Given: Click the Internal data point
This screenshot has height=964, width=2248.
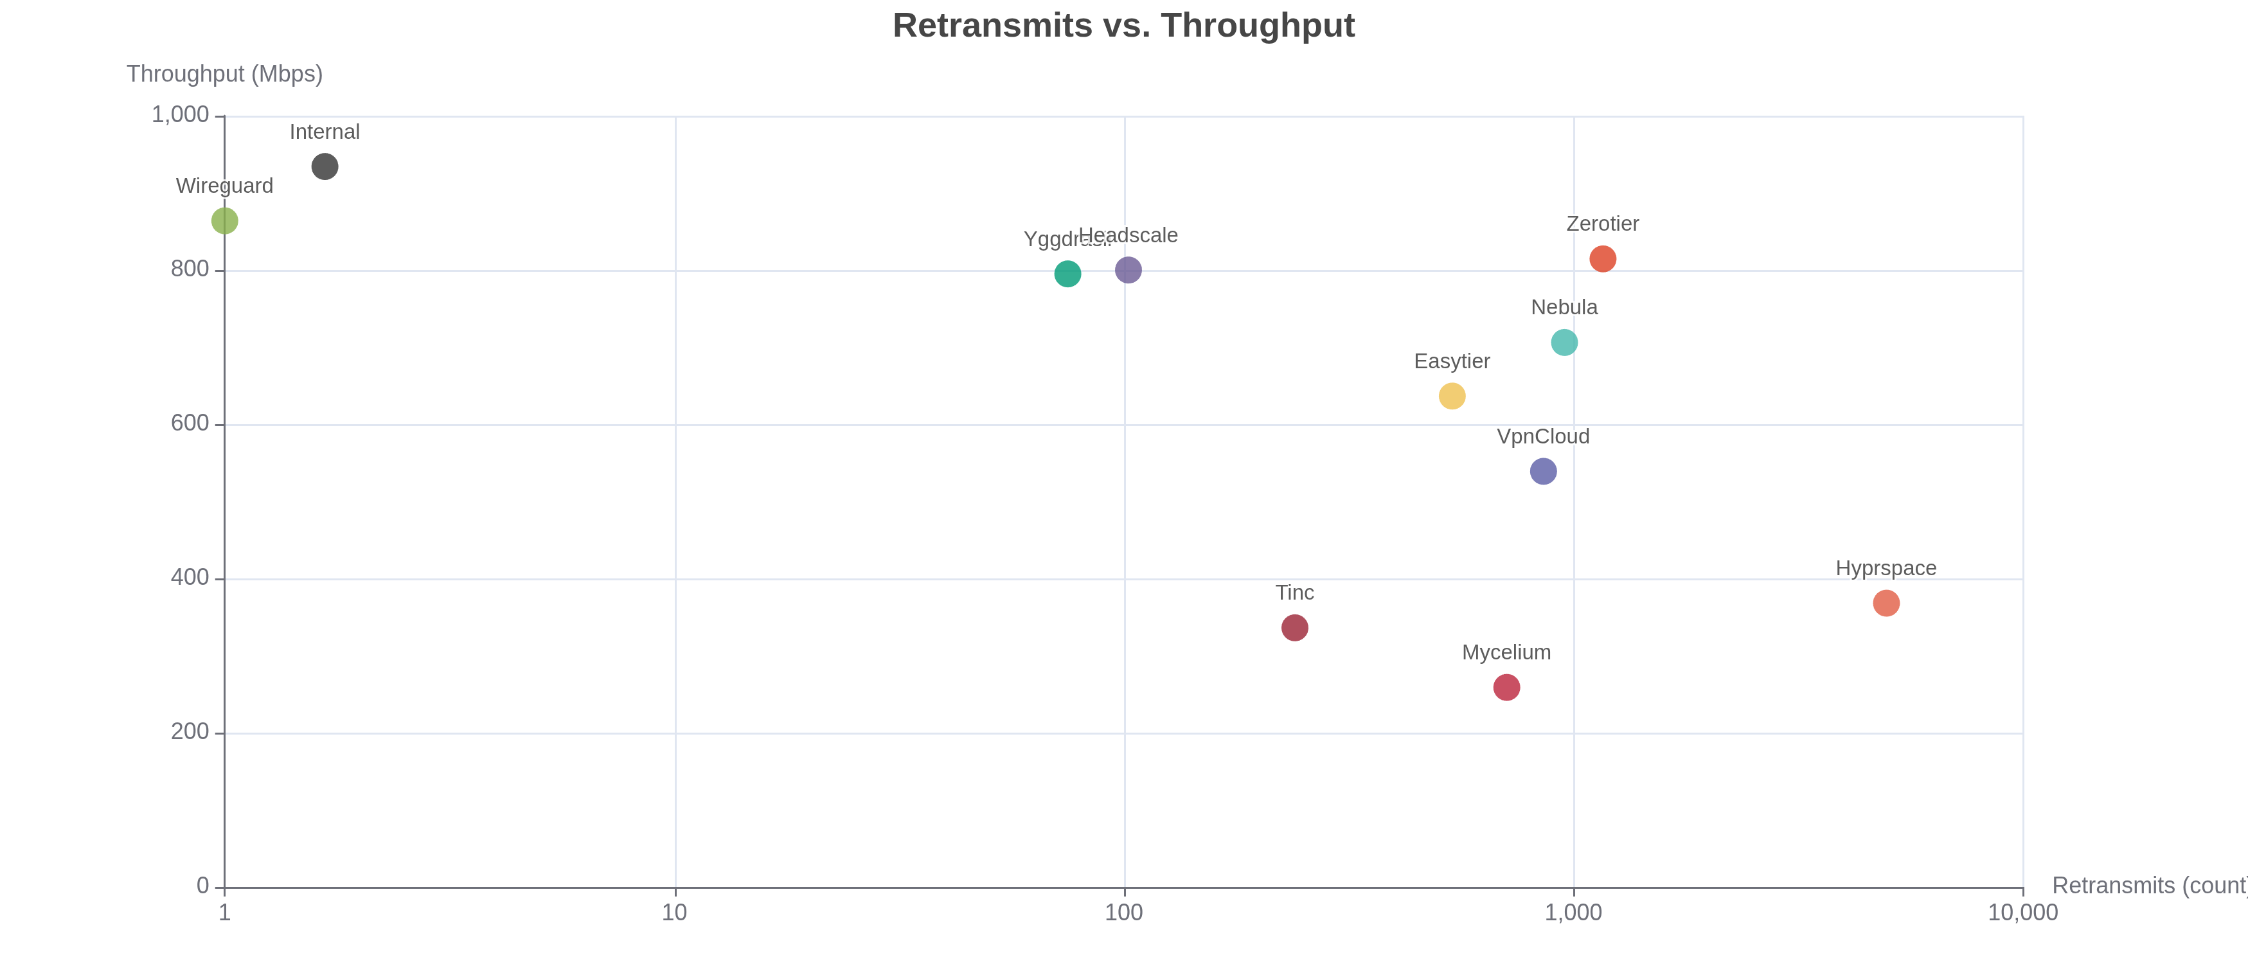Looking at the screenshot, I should (x=325, y=166).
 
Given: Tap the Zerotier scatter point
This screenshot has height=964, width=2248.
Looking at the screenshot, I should (x=1602, y=259).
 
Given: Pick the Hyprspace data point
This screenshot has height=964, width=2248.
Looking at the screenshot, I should (x=1886, y=603).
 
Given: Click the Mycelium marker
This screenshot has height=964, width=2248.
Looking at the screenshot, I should (x=1506, y=688).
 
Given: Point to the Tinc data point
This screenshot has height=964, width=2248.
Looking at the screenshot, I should (x=1294, y=627).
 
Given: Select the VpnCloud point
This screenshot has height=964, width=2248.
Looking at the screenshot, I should (x=1543, y=471).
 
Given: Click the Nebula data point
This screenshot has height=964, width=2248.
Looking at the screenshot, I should (x=1564, y=343).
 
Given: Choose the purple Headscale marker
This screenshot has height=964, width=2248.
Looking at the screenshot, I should (x=1127, y=271).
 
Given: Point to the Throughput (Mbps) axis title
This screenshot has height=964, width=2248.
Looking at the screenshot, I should (x=224, y=74).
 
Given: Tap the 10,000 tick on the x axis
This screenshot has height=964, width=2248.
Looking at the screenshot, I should (x=2022, y=913).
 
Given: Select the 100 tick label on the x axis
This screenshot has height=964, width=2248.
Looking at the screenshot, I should (x=1123, y=913).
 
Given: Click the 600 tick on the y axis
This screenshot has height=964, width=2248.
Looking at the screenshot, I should (x=190, y=424).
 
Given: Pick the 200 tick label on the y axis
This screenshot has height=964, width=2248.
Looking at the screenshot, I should (x=190, y=732).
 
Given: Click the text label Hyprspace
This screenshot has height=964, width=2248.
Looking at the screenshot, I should (x=1886, y=569).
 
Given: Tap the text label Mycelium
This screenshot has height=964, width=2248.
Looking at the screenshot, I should (x=1506, y=652).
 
